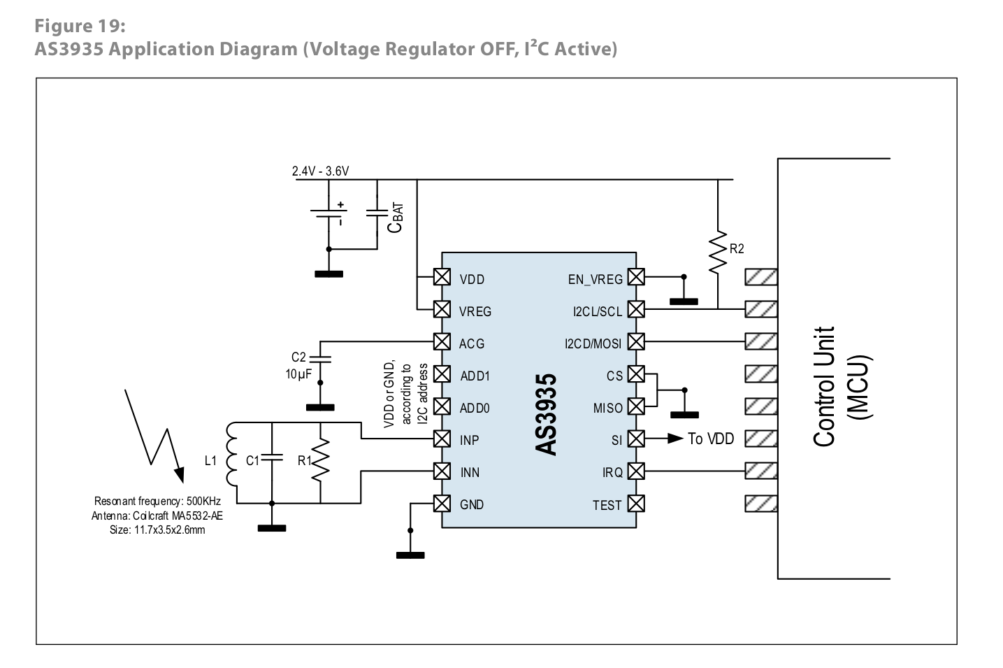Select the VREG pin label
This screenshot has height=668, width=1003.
(x=475, y=312)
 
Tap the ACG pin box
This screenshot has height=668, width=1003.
(x=442, y=342)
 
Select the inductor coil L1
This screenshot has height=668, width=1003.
(x=233, y=460)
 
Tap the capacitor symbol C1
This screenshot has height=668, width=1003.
(x=272, y=460)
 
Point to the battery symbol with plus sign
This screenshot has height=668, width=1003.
(x=329, y=214)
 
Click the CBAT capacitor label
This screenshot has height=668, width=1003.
(x=396, y=218)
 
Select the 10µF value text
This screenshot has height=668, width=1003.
(x=298, y=374)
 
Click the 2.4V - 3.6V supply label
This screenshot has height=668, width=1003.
(x=320, y=171)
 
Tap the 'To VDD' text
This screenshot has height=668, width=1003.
(x=711, y=439)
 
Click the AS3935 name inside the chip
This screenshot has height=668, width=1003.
(x=547, y=414)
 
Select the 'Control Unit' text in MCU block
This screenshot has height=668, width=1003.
(x=825, y=386)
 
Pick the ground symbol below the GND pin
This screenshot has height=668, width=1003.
(x=410, y=555)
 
